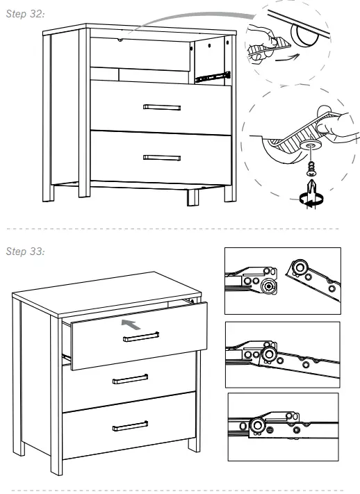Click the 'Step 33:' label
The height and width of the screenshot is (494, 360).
pyautogui.click(x=26, y=251)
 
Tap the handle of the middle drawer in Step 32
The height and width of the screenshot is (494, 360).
pyautogui.click(x=161, y=107)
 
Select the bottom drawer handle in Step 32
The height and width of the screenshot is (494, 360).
pyautogui.click(x=161, y=158)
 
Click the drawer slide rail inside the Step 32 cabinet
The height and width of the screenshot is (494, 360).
pyautogui.click(x=212, y=74)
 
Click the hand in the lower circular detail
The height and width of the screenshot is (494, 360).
pyautogui.click(x=336, y=124)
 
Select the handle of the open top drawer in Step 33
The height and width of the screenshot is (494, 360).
pyautogui.click(x=141, y=337)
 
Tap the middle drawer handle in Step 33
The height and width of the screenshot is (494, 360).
pyautogui.click(x=130, y=379)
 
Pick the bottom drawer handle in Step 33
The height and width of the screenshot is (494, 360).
pyautogui.click(x=130, y=425)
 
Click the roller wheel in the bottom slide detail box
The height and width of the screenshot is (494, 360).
pyautogui.click(x=258, y=425)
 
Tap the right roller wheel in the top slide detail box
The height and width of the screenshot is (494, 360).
pyautogui.click(x=301, y=268)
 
